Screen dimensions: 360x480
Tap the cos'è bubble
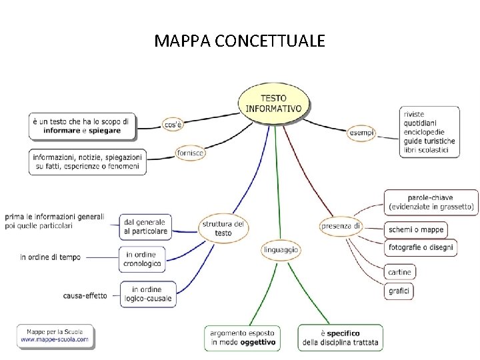(x=173, y=125)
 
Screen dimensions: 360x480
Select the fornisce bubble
(x=190, y=153)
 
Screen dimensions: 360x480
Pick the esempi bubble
(x=362, y=133)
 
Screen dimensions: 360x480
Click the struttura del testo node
(x=223, y=228)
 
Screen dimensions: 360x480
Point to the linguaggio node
(x=281, y=250)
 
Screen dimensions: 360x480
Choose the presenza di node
(x=341, y=226)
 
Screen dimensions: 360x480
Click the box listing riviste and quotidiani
(x=430, y=132)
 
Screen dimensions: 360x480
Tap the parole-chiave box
(x=431, y=203)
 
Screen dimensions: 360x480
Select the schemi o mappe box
(x=416, y=230)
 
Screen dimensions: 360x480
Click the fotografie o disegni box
(x=421, y=247)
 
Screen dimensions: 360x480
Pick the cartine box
(x=400, y=271)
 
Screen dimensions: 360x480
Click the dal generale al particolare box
(x=146, y=227)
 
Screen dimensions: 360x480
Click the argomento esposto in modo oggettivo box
(x=242, y=338)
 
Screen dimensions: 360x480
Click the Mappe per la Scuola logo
(x=55, y=335)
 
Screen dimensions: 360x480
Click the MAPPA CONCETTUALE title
(x=240, y=41)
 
